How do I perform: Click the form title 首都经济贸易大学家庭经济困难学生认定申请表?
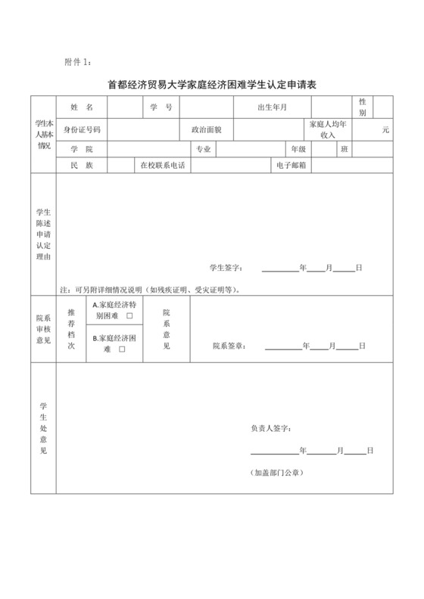click(211, 85)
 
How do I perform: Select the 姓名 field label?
click(81, 108)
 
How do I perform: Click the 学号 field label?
click(161, 108)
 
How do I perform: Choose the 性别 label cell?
click(363, 107)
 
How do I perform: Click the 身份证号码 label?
click(81, 129)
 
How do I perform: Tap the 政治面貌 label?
click(206, 129)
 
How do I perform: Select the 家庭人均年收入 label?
click(328, 129)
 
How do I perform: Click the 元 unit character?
click(385, 130)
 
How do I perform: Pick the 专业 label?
click(203, 149)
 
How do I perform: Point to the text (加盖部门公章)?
click(277, 473)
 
